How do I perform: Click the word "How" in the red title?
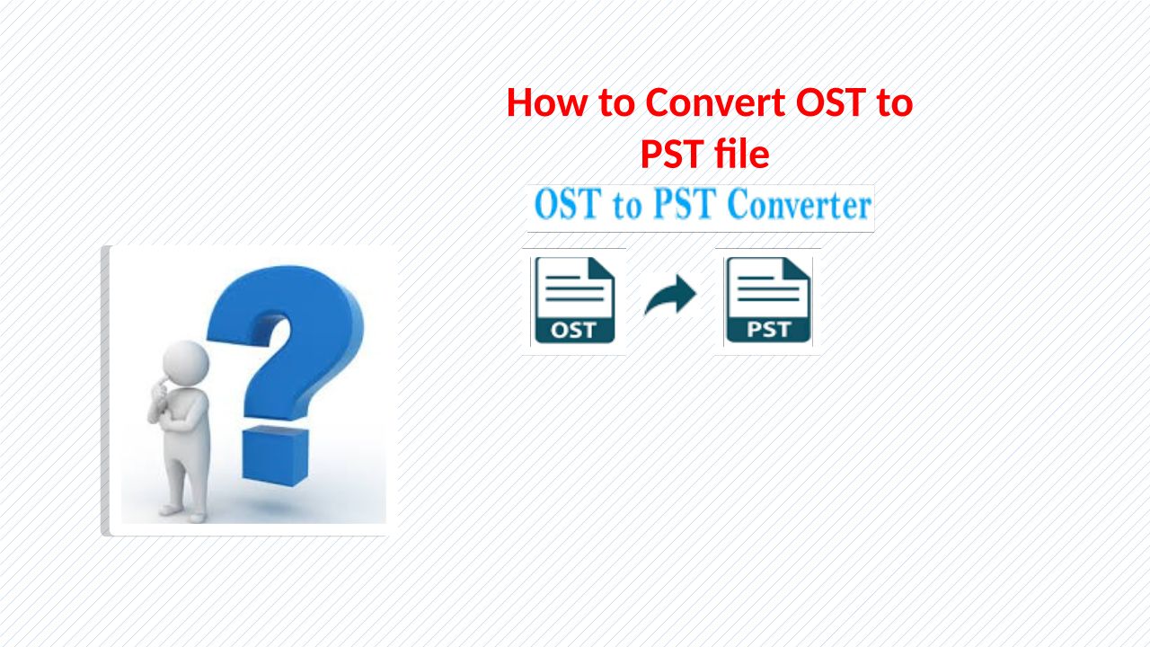click(x=546, y=102)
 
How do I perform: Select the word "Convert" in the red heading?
click(x=714, y=102)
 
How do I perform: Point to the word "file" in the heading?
click(x=742, y=153)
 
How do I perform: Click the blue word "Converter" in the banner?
click(x=800, y=205)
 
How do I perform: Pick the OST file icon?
click(x=574, y=300)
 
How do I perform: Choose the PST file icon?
click(x=768, y=300)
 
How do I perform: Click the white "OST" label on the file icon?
click(x=573, y=330)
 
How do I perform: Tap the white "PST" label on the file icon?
click(x=768, y=329)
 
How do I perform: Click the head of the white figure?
click(x=186, y=362)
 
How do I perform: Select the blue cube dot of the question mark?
click(x=276, y=456)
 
